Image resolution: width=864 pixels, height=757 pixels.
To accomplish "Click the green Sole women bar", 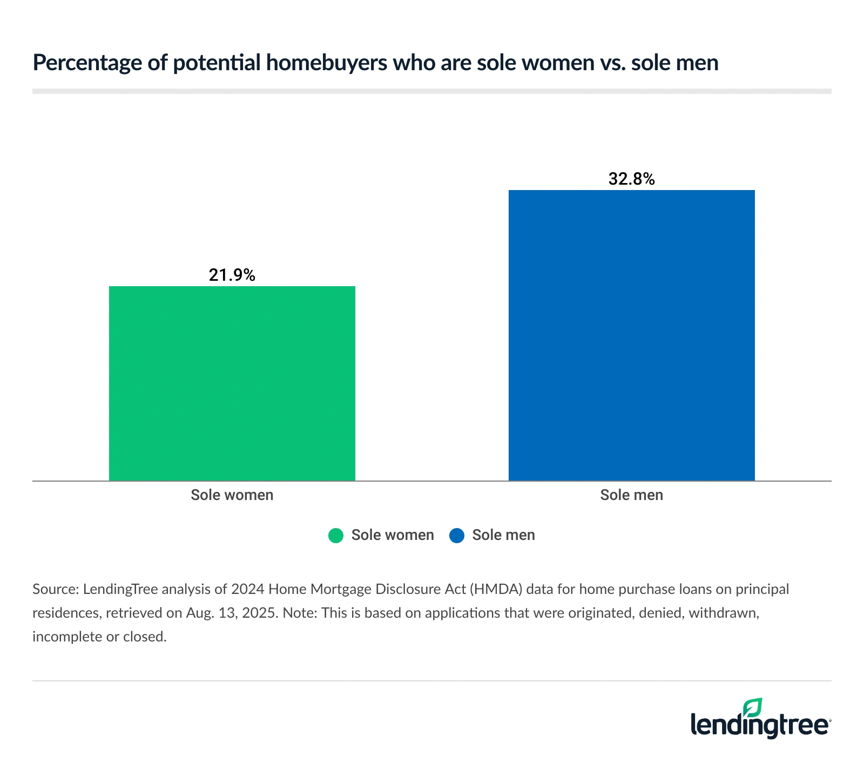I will (232, 383).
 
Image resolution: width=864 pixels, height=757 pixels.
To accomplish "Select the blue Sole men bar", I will (631, 335).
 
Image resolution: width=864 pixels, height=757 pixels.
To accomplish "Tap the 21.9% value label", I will (232, 275).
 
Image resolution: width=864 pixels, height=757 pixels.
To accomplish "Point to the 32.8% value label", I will (631, 179).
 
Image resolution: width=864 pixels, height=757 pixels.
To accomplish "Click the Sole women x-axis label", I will (232, 495).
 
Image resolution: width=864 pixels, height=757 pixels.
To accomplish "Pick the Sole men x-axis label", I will (631, 495).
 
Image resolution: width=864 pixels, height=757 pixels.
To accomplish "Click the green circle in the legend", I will (336, 536).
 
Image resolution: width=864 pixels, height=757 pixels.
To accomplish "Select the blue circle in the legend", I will (457, 536).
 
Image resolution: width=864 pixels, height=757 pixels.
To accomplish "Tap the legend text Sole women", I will (393, 535).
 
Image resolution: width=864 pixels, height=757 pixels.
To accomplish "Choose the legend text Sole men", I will (503, 535).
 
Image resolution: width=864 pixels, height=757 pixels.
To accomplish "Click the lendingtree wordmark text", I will (760, 725).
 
